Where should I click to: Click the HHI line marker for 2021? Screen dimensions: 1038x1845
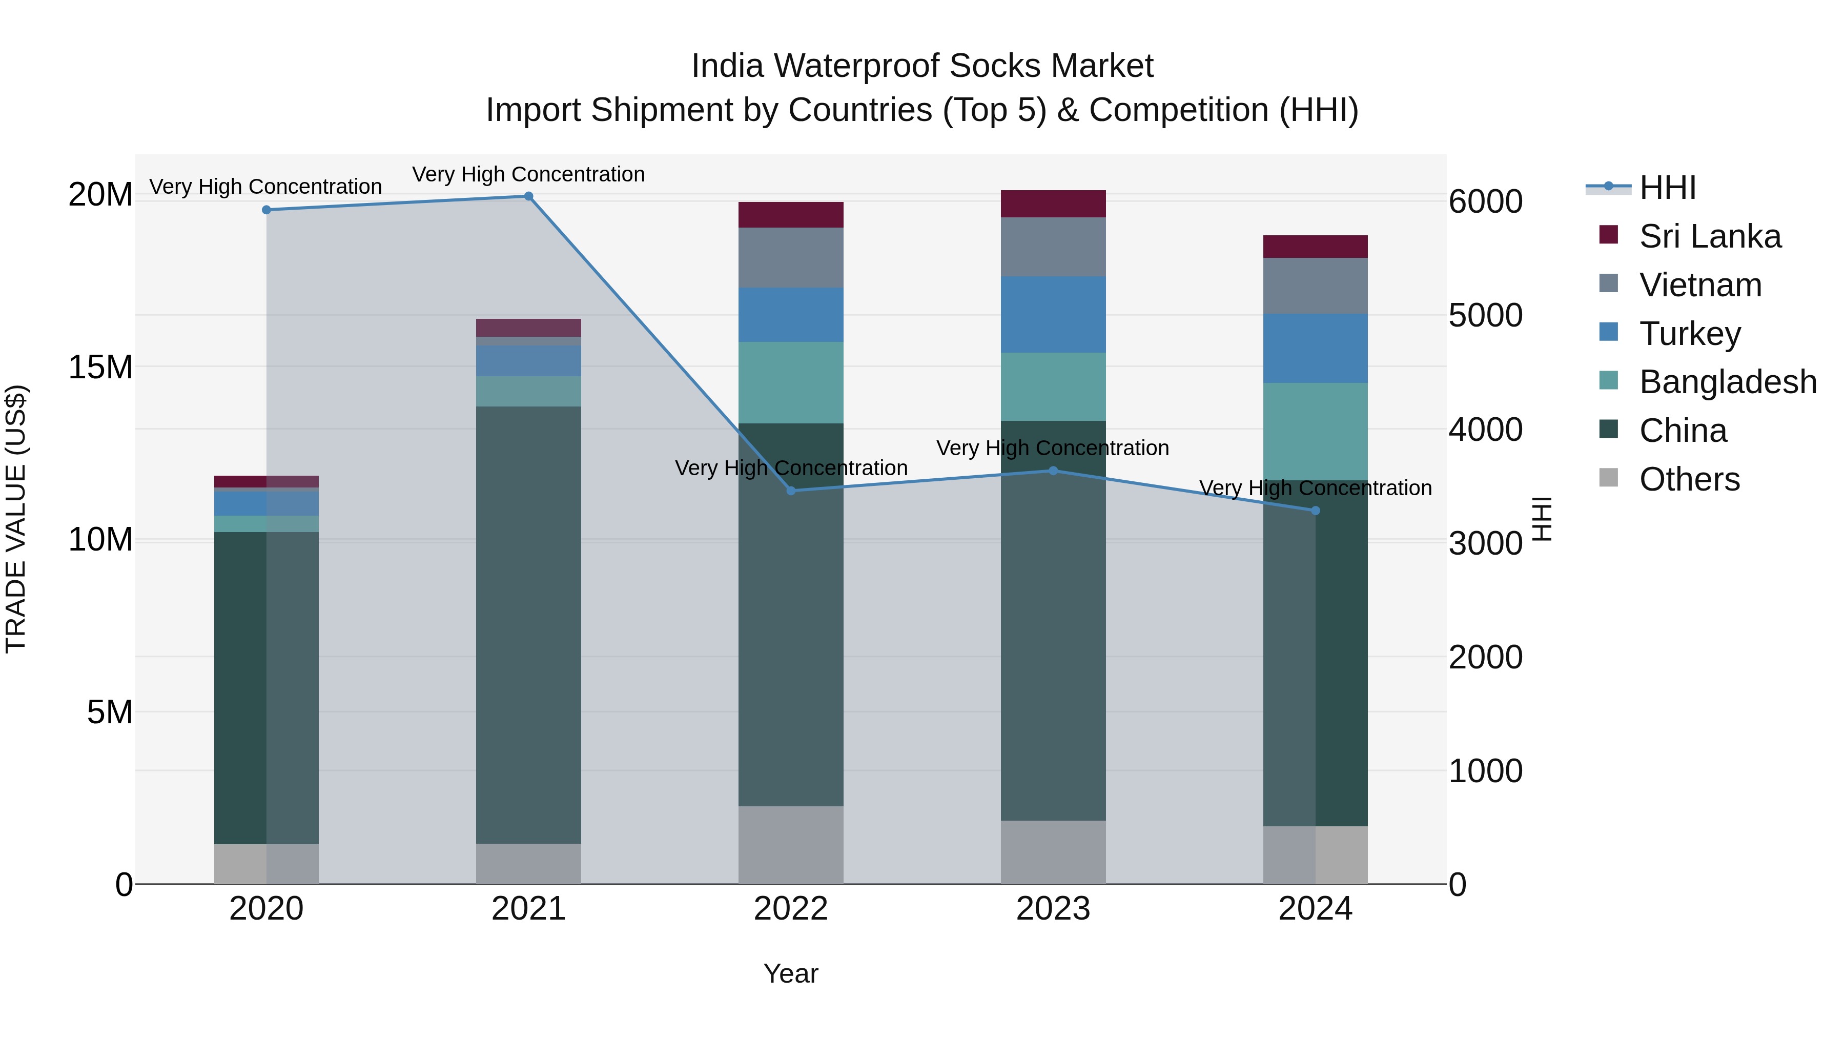[x=528, y=196]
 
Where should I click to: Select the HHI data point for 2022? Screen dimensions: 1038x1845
[x=791, y=491]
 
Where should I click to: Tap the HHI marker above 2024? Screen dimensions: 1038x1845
[x=1315, y=511]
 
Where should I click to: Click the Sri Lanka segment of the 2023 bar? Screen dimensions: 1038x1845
[x=1053, y=203]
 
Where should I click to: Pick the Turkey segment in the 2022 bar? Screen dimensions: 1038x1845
[x=791, y=315]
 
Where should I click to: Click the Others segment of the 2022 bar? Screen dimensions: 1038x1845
[x=791, y=845]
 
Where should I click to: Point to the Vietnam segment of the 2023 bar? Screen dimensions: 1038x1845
[x=1053, y=247]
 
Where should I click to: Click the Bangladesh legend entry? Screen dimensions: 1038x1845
[x=1727, y=382]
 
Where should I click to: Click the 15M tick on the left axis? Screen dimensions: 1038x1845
[x=100, y=367]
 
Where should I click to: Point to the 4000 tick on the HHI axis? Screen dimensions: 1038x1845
[x=1485, y=430]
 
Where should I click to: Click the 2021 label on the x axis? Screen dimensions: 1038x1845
[x=528, y=909]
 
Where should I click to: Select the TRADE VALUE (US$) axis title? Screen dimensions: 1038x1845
[x=16, y=519]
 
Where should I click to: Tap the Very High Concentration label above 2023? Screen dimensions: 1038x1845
[x=1052, y=449]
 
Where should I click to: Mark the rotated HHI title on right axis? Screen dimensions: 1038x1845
[x=1541, y=519]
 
